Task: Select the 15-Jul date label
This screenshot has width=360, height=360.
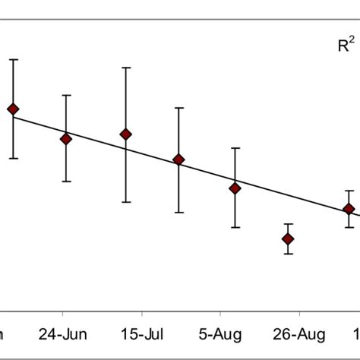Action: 141,334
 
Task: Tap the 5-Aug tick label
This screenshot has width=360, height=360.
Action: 220,334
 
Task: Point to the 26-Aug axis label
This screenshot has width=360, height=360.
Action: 299,334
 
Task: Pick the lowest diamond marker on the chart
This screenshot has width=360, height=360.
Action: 288,239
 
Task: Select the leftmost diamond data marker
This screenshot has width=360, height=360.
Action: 13,109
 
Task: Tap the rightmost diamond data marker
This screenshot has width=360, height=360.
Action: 349,209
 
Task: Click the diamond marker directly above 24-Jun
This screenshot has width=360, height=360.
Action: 66,139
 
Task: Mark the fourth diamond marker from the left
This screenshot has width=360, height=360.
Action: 178,159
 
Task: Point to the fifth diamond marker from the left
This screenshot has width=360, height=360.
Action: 235,188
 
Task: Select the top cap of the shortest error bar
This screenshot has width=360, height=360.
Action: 288,224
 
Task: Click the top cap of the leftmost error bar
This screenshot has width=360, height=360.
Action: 13,59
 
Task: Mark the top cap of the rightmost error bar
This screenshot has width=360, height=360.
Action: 349,191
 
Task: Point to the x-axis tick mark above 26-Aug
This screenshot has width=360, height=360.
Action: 299,311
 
